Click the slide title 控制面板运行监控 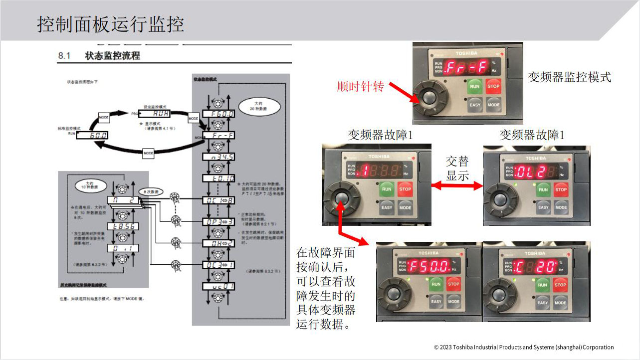tap(111, 24)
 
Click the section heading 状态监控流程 tap(112, 56)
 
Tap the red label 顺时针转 tap(361, 87)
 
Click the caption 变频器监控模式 tap(569, 77)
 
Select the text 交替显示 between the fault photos tap(457, 169)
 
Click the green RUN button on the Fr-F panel tap(474, 86)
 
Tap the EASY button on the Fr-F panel tap(474, 105)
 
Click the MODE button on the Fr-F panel tap(493, 105)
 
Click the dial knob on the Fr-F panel tap(429, 98)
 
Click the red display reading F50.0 tap(428, 265)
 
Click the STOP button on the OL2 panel tap(561, 189)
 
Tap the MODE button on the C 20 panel tap(560, 303)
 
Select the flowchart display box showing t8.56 tap(122, 226)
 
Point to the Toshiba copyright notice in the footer tap(524, 347)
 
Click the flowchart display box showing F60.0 tap(218, 114)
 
